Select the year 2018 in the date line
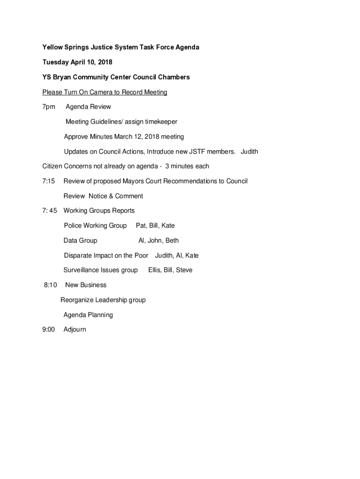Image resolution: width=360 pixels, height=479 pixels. point(104,62)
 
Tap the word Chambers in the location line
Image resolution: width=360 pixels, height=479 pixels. point(173,77)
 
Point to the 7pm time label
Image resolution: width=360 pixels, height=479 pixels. point(49,107)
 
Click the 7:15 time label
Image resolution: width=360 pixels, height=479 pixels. point(49,181)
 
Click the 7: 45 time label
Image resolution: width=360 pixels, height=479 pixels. point(50,210)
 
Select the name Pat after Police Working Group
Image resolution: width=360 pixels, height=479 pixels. point(141,225)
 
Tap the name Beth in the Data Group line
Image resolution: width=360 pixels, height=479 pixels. point(172,240)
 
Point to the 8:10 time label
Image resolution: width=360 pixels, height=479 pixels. point(50,285)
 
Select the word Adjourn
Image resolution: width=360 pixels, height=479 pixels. point(75,329)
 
